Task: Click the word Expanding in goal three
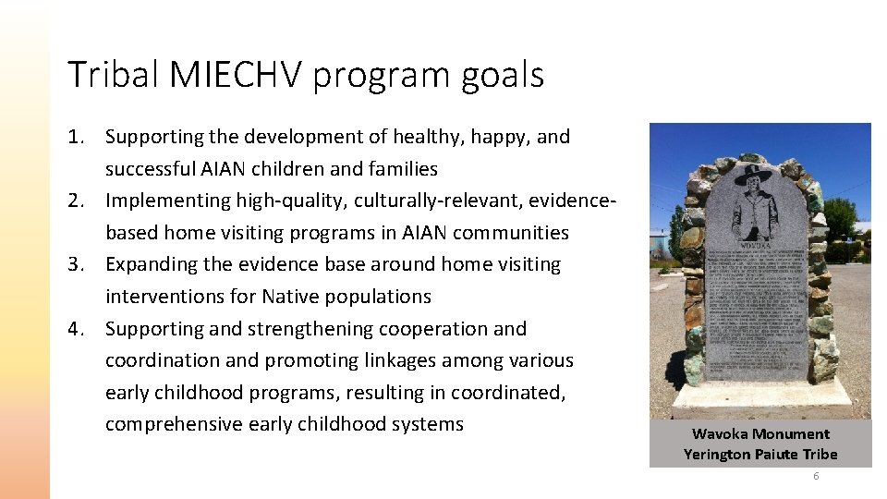pyautogui.click(x=152, y=264)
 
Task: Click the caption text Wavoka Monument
pyautogui.click(x=760, y=433)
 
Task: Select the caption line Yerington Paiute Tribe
pyautogui.click(x=760, y=454)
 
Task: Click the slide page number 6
pyautogui.click(x=816, y=476)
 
